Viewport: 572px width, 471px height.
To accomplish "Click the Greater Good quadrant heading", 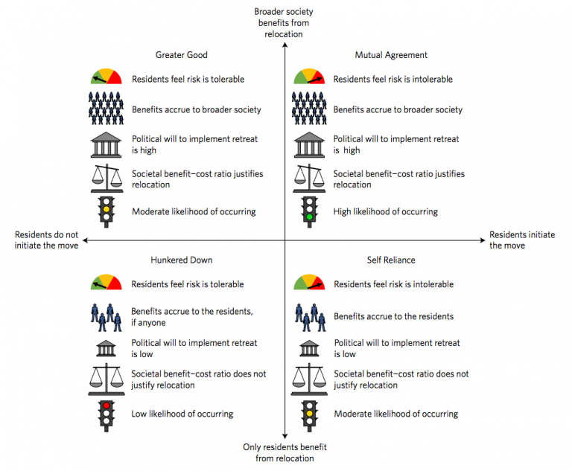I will coord(181,55).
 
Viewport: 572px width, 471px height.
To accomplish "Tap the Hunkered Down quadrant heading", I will coord(181,260).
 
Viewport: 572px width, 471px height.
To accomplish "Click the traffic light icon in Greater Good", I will coord(107,211).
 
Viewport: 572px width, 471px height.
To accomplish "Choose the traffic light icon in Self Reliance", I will coord(308,414).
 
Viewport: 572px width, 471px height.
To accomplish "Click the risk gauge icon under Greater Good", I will coord(107,77).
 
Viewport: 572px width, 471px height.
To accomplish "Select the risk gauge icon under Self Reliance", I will coord(308,283).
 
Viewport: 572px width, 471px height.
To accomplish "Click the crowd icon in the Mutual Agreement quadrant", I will coord(308,109).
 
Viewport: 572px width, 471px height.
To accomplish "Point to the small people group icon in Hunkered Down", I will coord(106,317).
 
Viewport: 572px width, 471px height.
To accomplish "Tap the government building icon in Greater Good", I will coord(107,144).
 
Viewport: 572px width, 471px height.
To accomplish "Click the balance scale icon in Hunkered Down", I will coord(107,379).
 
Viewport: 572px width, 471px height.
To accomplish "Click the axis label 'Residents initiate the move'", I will coord(521,240).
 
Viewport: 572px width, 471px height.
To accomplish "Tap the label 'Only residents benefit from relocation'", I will coord(285,452).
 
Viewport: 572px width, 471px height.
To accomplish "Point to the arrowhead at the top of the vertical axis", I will coord(285,45).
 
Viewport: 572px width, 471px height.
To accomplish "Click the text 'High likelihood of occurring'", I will coord(385,212).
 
